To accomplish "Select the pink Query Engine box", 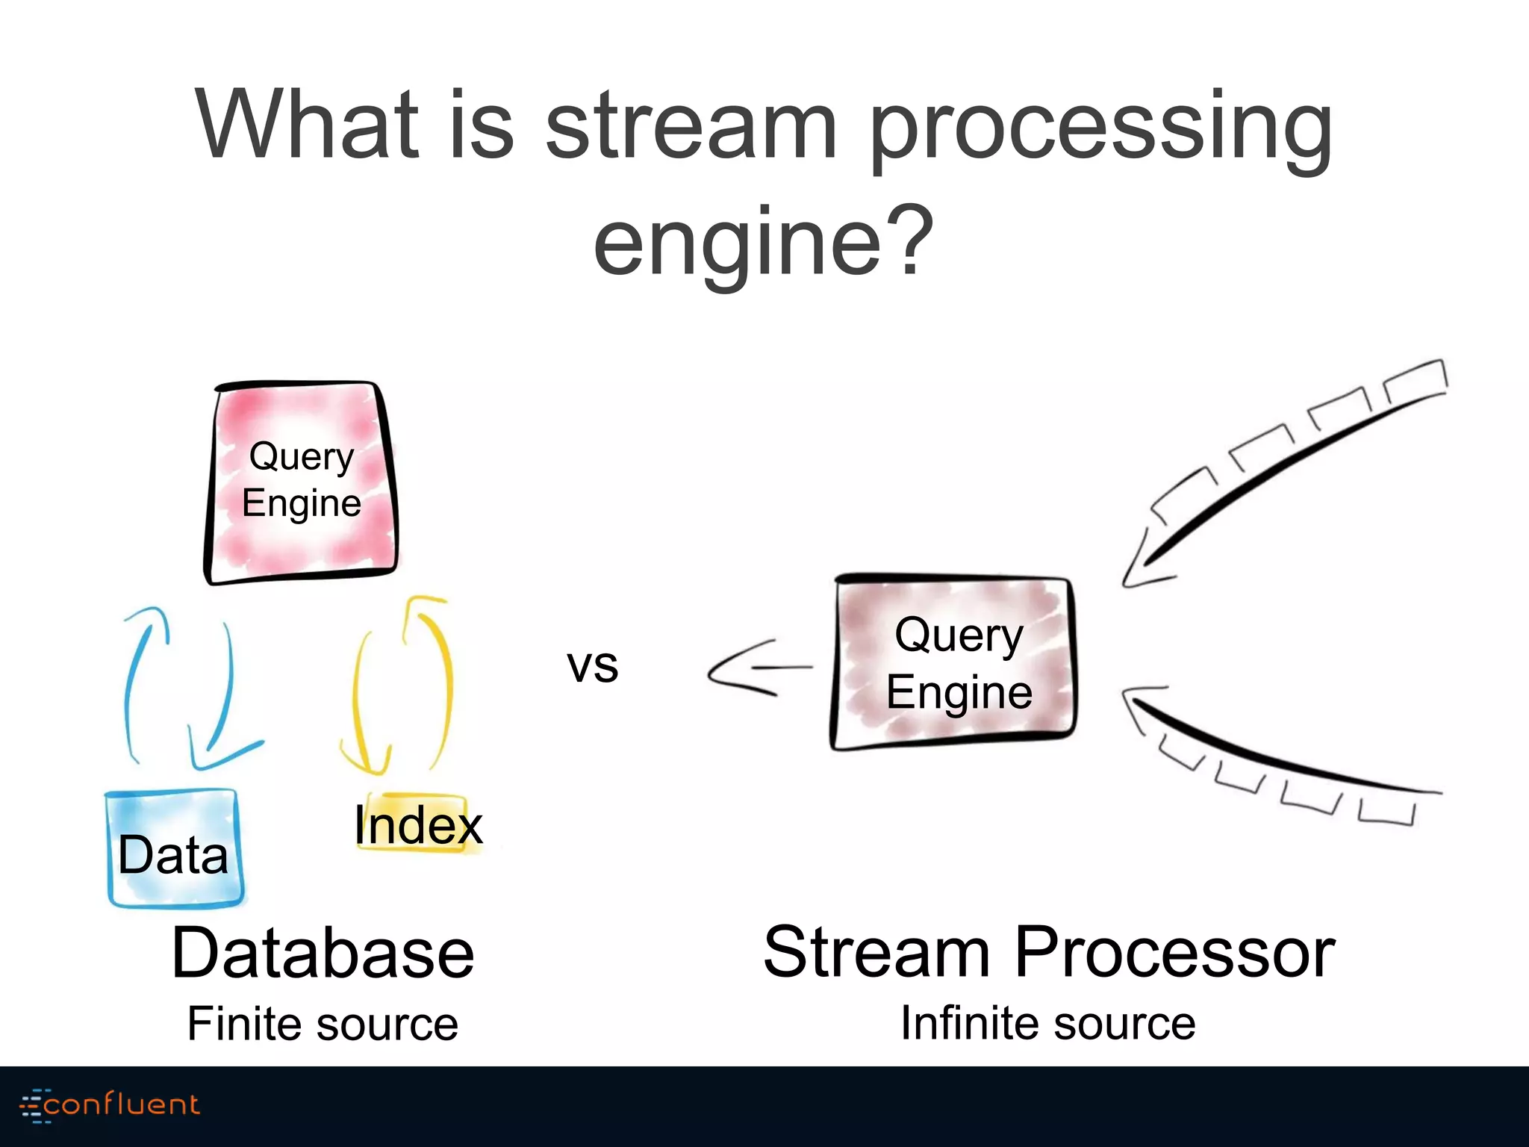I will point(301,482).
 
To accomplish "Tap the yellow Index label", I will point(418,825).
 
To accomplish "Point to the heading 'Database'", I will point(323,954).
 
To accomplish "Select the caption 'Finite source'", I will point(323,1024).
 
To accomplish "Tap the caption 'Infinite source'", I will point(1047,1023).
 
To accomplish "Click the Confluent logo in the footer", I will point(110,1104).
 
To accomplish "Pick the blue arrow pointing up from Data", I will point(140,672).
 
